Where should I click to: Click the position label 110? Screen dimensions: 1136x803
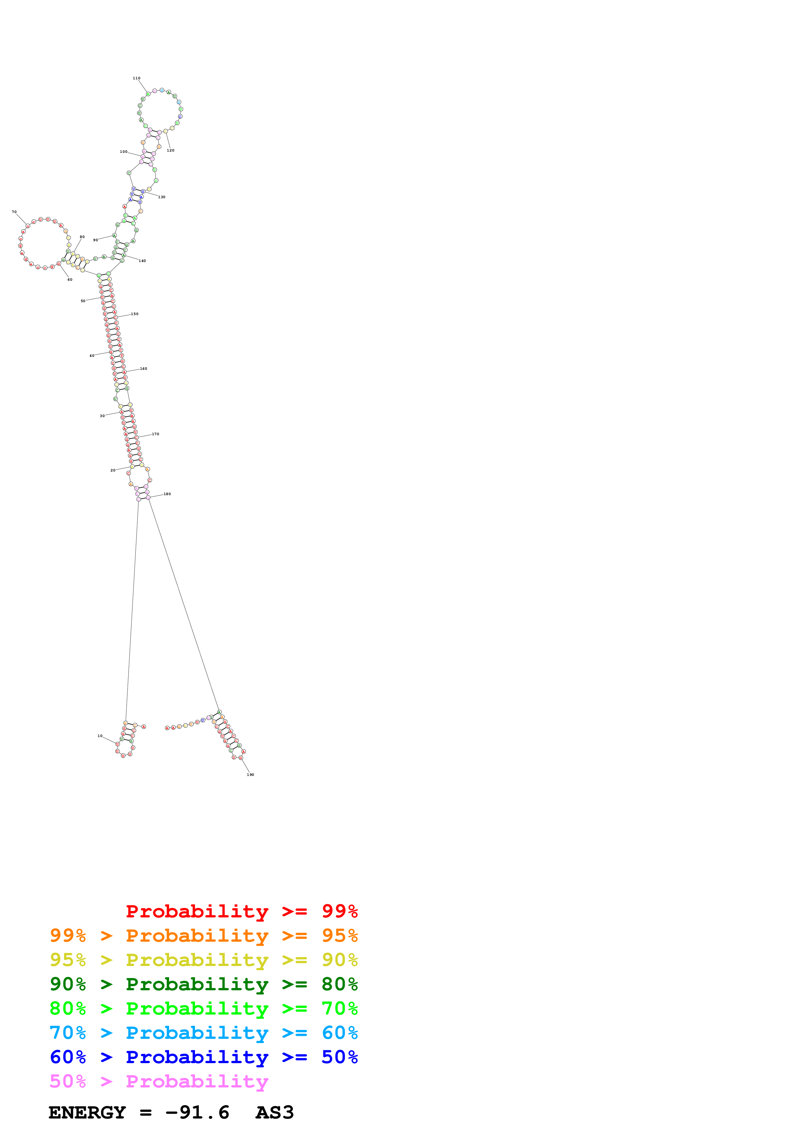[x=137, y=78]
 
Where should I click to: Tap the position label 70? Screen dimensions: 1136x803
[x=14, y=212]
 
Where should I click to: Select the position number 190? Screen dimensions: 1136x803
[x=250, y=774]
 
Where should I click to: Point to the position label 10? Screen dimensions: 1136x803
[x=100, y=736]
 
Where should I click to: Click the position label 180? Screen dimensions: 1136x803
[x=167, y=494]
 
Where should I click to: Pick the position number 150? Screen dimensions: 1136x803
[x=134, y=314]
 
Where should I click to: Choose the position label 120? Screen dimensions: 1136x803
[x=171, y=150]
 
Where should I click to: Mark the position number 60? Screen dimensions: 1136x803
[x=70, y=279]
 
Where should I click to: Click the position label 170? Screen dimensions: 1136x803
[x=155, y=434]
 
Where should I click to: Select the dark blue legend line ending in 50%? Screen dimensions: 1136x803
[x=203, y=1057]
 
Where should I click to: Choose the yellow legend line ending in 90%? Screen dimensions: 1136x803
[x=203, y=960]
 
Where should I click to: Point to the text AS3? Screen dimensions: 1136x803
[x=275, y=1113]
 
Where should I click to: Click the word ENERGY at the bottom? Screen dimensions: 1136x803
[x=87, y=1113]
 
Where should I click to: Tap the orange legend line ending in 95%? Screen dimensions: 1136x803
[x=203, y=935]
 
